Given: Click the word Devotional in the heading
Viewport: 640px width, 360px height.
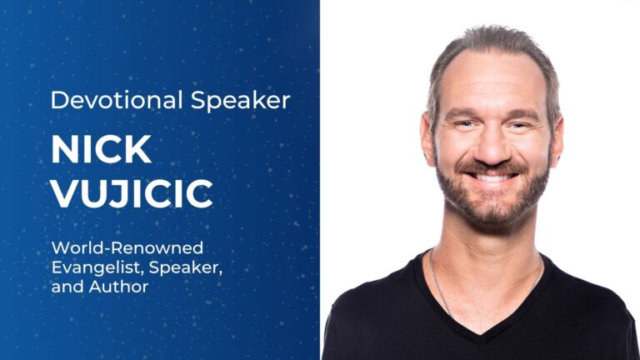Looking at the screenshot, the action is coord(117,100).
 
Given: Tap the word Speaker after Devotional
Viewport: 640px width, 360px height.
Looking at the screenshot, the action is coord(240,101).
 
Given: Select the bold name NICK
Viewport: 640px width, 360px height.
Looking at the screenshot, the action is coord(101,149).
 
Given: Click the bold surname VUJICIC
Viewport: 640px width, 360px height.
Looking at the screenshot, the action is coord(132,193).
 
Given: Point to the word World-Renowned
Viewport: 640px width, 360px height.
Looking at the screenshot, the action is coord(127,247).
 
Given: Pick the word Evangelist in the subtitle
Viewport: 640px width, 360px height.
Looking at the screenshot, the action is coord(98,267).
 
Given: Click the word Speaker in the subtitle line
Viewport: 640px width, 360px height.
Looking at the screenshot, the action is coord(186,268).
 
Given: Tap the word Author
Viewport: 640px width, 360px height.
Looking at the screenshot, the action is coord(119,287).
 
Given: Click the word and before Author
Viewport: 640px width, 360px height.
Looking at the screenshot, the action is coord(68,287).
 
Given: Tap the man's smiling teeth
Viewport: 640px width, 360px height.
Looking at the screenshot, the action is coord(492,177).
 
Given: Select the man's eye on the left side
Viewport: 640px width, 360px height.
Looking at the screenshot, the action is coord(465,123).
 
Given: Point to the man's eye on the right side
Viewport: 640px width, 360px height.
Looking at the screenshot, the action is coord(520,125).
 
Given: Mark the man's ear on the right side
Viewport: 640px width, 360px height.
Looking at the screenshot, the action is coord(556,142).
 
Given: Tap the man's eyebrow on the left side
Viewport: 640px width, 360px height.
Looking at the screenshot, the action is coord(461,113).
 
